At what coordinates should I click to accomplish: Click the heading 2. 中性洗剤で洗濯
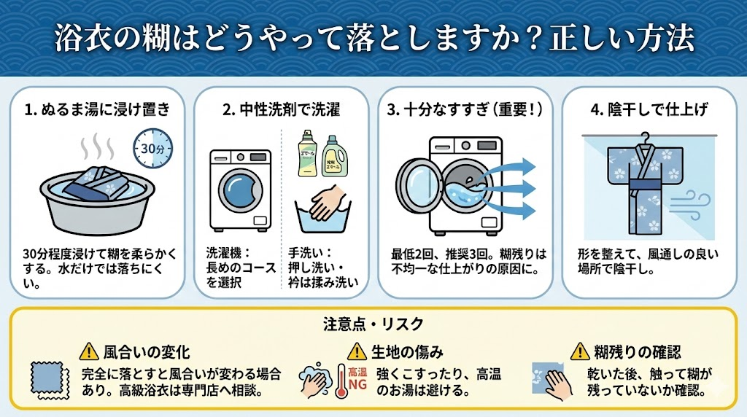point(281,110)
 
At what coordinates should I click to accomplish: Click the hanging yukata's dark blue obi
point(645,192)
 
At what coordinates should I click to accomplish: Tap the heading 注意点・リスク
point(373,323)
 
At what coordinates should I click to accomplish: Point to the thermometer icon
point(341,383)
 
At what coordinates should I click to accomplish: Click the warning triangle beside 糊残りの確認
point(581,352)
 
